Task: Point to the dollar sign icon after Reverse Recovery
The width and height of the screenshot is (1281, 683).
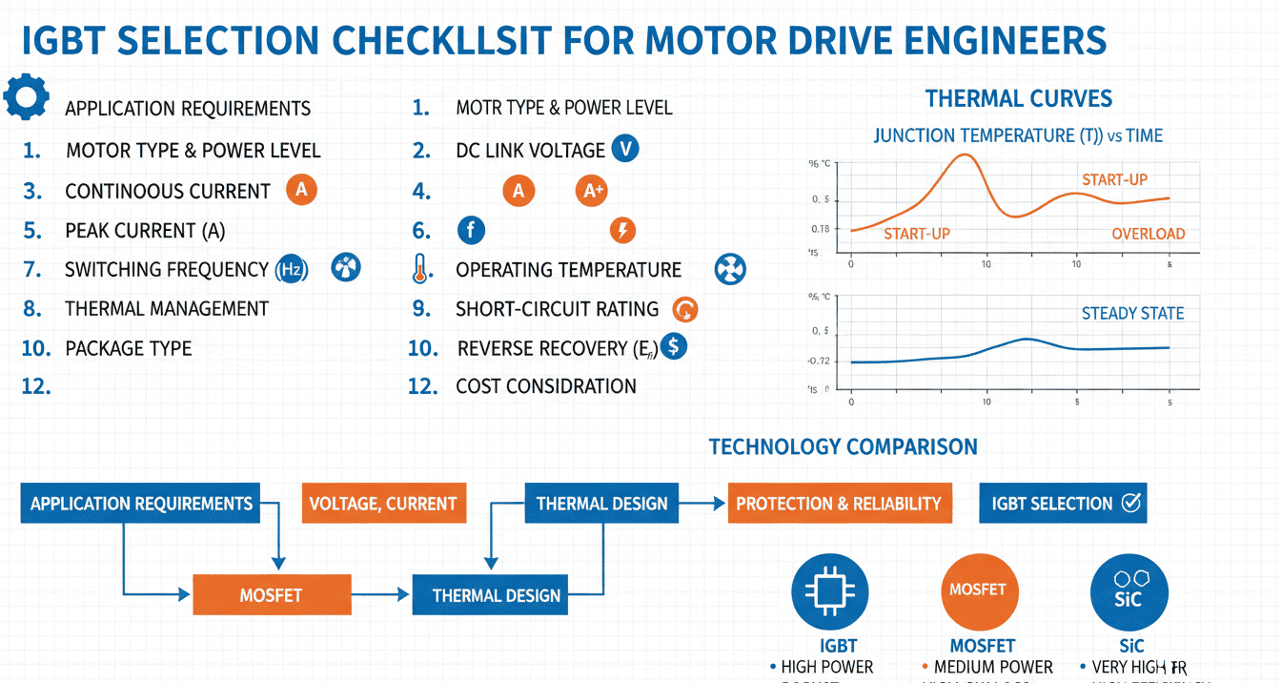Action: (673, 346)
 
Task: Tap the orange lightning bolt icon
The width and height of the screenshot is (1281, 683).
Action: (621, 230)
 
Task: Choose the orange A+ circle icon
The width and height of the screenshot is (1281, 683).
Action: (592, 191)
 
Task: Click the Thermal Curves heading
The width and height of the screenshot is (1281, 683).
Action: (1018, 98)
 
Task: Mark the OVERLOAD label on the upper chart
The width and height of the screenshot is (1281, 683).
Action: (1148, 234)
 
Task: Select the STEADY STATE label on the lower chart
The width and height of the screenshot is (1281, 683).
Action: (1132, 313)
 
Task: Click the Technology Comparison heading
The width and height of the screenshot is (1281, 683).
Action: (843, 446)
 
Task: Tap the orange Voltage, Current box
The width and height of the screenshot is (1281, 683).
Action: (383, 504)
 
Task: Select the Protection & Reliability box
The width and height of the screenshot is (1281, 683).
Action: (839, 504)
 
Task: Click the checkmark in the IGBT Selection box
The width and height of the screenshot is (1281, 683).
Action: (1131, 503)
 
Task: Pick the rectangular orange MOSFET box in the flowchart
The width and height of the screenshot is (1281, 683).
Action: (272, 595)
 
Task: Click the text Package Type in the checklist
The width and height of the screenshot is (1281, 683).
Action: (129, 348)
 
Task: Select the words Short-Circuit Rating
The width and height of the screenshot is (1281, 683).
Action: (557, 309)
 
